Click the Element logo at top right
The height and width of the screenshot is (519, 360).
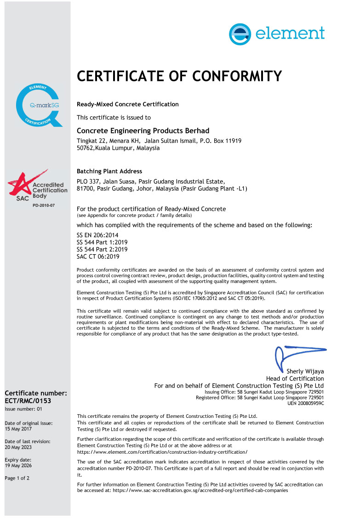click(277, 34)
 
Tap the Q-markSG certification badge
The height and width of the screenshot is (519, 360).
click(39, 105)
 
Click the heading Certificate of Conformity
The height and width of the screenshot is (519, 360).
click(179, 76)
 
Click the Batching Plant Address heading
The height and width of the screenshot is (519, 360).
click(109, 171)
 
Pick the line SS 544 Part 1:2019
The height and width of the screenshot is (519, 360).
click(102, 242)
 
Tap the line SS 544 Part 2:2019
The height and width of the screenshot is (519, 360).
click(102, 249)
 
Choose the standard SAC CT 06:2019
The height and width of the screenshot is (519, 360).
click(98, 257)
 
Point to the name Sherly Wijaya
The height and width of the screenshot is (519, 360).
click(305, 371)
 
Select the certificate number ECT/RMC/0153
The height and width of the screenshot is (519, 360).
click(28, 401)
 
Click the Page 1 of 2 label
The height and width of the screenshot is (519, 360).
click(17, 478)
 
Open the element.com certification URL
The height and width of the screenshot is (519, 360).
click(162, 452)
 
